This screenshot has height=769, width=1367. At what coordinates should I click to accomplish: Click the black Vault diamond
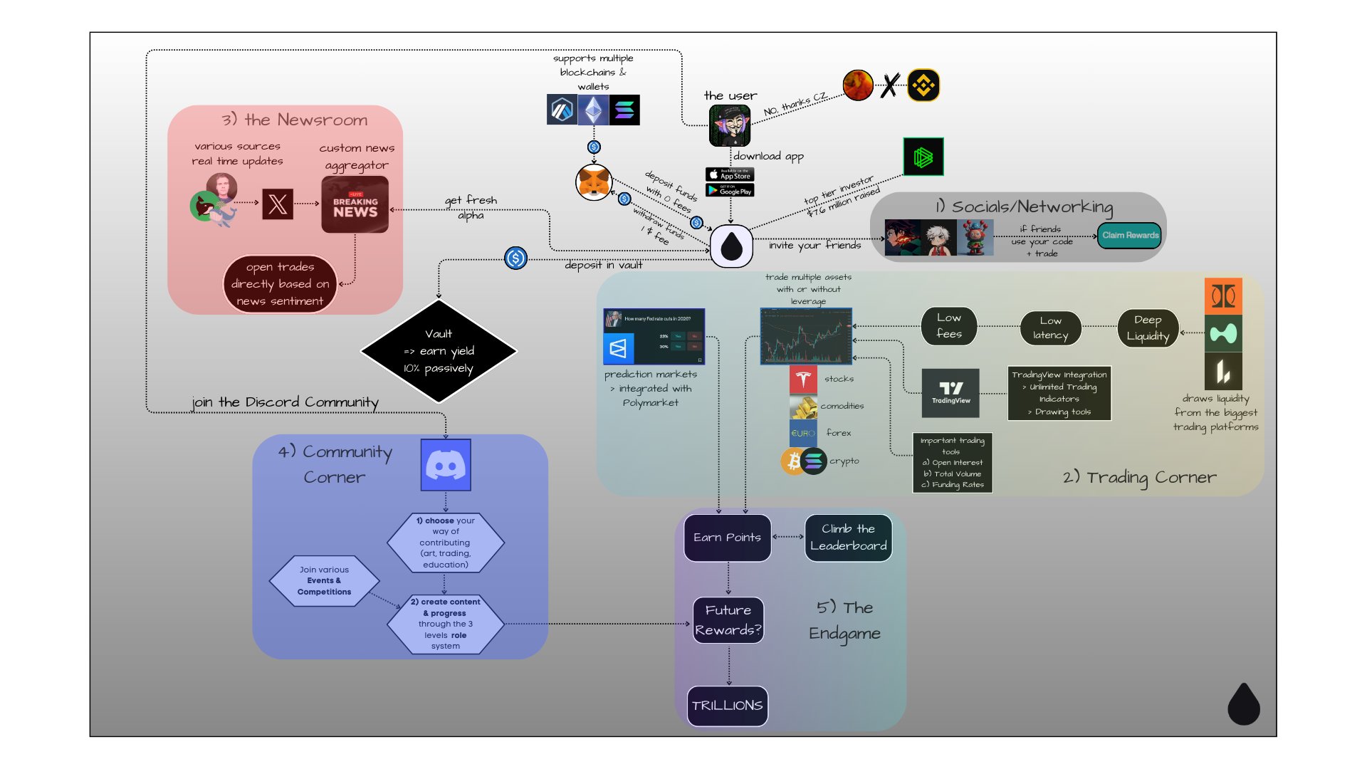tap(439, 350)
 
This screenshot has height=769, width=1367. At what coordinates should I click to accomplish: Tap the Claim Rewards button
tap(1130, 236)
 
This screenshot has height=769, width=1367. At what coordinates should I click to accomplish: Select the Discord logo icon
tap(446, 465)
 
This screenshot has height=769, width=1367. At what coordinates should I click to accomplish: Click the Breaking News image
tap(355, 205)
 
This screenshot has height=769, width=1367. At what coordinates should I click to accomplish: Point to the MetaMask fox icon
tap(594, 183)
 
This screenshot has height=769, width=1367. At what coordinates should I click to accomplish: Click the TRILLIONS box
tap(727, 706)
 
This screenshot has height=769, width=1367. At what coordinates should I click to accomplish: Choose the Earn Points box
tap(727, 538)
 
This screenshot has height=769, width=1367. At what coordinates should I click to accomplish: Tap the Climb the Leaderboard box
tap(848, 538)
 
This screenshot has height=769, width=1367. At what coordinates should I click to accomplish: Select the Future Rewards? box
tap(728, 620)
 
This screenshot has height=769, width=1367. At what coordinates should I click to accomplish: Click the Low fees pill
tap(948, 326)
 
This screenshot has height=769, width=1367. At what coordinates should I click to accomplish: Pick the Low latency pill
tap(1050, 328)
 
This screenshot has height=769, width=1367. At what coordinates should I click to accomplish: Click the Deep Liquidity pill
tap(1148, 328)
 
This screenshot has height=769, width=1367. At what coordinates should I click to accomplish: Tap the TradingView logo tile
tap(950, 392)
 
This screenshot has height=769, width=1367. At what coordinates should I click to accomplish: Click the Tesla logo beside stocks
tap(803, 380)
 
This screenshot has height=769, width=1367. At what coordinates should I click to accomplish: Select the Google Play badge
tap(730, 190)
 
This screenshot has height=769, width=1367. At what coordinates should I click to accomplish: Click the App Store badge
tap(730, 174)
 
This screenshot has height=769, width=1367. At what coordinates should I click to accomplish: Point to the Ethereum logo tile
tap(593, 110)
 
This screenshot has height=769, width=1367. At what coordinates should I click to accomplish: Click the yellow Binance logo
tap(923, 85)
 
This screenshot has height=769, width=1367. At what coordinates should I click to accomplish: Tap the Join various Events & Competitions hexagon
tap(324, 581)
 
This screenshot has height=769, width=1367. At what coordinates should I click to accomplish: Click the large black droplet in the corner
tap(1244, 704)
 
